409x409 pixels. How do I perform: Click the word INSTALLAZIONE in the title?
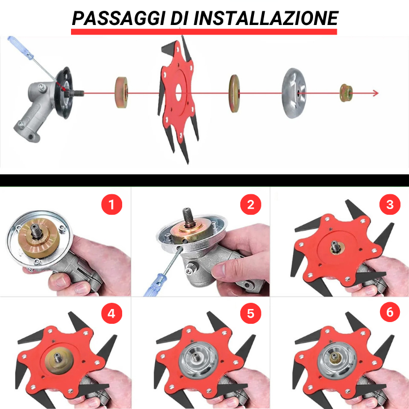[266, 18]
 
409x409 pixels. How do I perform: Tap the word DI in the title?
[180, 18]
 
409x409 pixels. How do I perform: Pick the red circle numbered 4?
[112, 314]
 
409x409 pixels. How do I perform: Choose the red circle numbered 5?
[251, 314]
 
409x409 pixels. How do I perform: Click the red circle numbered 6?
[389, 314]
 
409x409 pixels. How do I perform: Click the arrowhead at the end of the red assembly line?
[375, 93]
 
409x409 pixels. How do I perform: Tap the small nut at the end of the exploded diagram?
[344, 93]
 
